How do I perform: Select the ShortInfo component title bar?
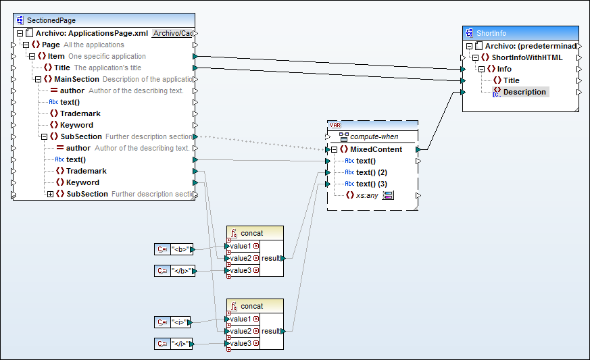(520, 33)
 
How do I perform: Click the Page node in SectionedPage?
(51, 45)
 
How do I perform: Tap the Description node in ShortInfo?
(524, 92)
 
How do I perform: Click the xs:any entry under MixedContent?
(366, 195)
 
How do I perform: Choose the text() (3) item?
(372, 184)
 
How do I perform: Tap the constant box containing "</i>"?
(180, 344)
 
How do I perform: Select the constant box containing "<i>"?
(180, 323)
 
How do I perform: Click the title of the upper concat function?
(251, 233)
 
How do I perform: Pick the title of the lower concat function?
(251, 306)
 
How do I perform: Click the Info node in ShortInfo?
(503, 69)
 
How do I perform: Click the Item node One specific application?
(56, 56)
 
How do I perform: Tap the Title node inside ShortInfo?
(511, 80)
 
